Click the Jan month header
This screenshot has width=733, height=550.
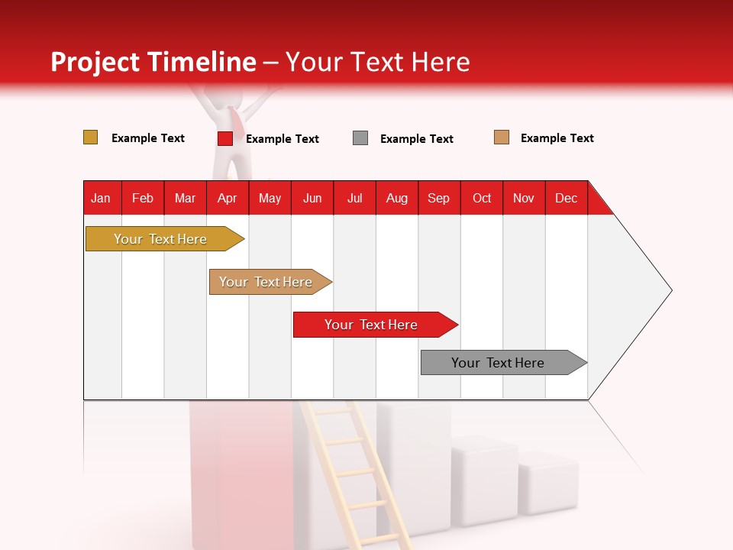(102, 198)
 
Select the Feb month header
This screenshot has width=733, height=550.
(143, 198)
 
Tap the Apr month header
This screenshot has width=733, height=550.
(228, 198)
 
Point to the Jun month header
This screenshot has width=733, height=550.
(312, 198)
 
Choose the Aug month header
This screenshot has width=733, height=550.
(397, 198)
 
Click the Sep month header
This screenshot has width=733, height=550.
(439, 198)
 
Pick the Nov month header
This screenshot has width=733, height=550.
(524, 198)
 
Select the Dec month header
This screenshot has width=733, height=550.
(567, 198)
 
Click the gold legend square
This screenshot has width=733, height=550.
(91, 137)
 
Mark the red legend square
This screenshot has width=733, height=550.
(225, 138)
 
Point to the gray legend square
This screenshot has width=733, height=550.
(360, 138)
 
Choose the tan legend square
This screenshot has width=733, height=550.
(502, 137)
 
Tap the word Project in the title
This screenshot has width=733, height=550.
(95, 62)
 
